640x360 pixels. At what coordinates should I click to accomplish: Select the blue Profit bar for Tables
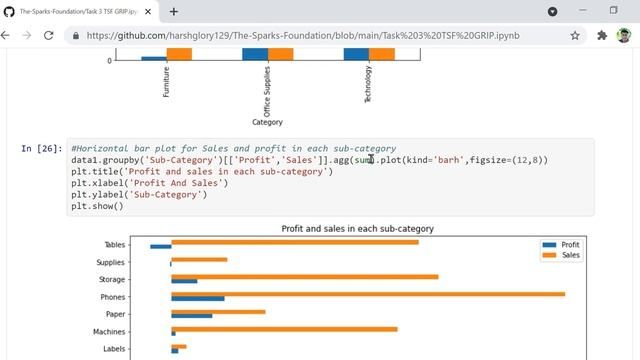pos(160,246)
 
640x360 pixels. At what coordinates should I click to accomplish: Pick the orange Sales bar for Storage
pos(304,275)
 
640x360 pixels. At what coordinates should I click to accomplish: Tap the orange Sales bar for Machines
pos(284,327)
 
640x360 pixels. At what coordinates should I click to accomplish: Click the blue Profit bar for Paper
pos(191,316)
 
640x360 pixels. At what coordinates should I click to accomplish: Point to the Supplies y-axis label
pos(111,262)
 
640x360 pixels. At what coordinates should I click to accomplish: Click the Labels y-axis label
pos(114,349)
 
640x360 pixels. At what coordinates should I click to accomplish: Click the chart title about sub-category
pos(357,229)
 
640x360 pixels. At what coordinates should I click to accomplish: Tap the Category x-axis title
pos(267,123)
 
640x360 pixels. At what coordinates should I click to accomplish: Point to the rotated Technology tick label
pos(368,84)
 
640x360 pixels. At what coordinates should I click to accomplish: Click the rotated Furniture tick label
pos(166,81)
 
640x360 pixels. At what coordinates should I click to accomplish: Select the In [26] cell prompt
pos(41,149)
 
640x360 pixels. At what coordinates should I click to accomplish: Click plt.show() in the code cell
pos(97,207)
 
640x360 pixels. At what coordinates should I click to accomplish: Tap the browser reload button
pos(50,35)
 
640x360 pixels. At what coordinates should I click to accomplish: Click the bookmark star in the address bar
pos(575,35)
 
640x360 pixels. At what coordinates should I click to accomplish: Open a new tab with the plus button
pos(173,11)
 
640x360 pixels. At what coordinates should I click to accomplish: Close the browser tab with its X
pos(149,11)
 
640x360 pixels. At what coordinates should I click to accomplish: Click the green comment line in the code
pos(233,148)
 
